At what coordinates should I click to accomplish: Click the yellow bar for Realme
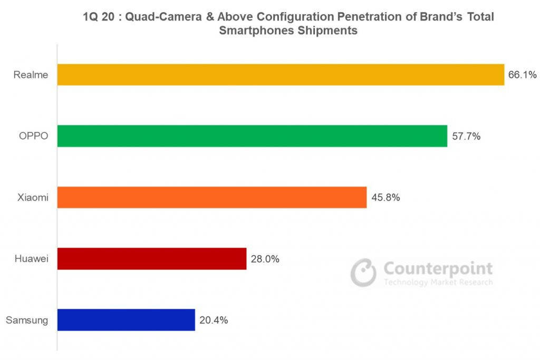pyautogui.click(x=281, y=75)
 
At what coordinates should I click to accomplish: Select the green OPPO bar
pyautogui.click(x=252, y=136)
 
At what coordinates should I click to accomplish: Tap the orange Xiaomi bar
pyautogui.click(x=211, y=197)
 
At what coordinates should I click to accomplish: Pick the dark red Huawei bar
pyautogui.click(x=152, y=259)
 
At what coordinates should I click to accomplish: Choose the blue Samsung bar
pyautogui.click(x=126, y=320)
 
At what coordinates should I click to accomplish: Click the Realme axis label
pyautogui.click(x=31, y=75)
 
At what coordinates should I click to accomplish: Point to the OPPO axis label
pyautogui.click(x=33, y=136)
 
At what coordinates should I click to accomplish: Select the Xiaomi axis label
pyautogui.click(x=32, y=198)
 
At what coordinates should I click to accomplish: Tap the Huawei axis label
pyautogui.click(x=31, y=259)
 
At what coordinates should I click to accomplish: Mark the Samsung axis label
pyautogui.click(x=27, y=320)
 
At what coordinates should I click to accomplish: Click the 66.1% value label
pyautogui.click(x=522, y=75)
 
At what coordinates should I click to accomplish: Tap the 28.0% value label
pyautogui.click(x=265, y=259)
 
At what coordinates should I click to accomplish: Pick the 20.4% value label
pyautogui.click(x=214, y=320)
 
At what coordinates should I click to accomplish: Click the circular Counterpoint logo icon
pyautogui.click(x=364, y=272)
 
